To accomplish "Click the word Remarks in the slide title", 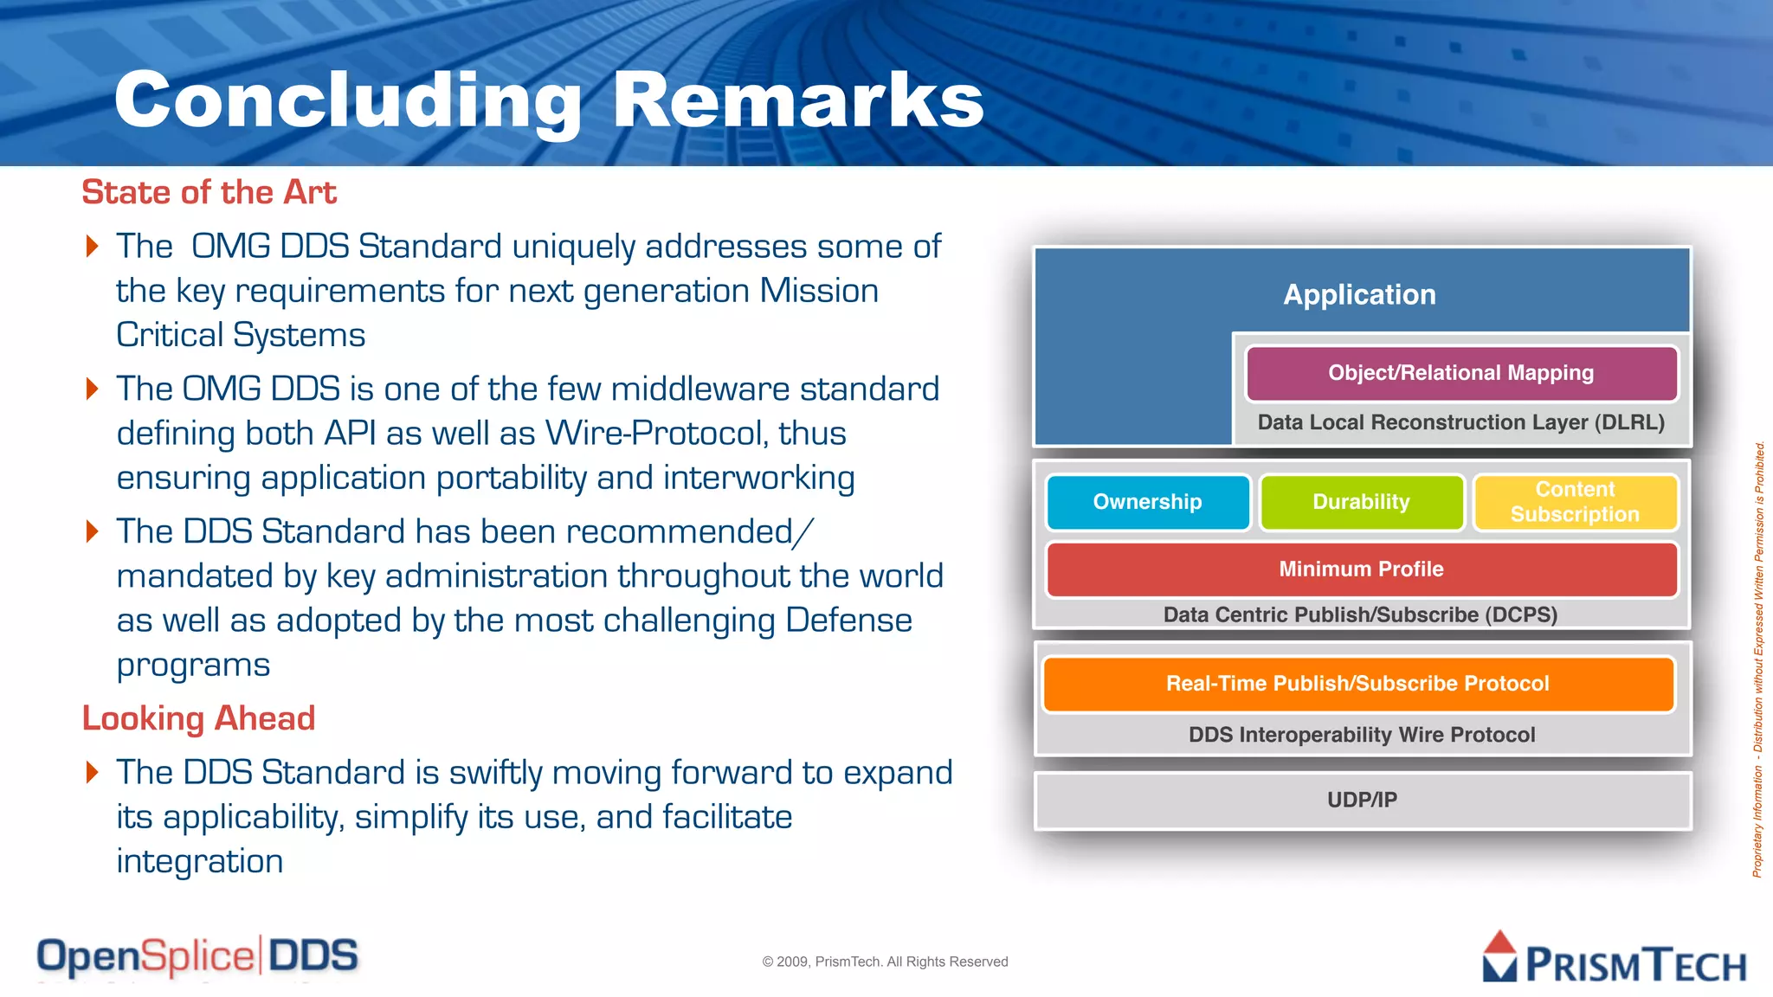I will [x=797, y=100].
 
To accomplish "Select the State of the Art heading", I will [x=209, y=192].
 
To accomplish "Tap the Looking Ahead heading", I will [x=198, y=718].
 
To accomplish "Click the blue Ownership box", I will [x=1147, y=502].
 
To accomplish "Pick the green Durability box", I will [x=1361, y=502].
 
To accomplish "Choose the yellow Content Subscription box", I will [x=1575, y=502].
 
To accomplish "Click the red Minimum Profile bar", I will [x=1361, y=569].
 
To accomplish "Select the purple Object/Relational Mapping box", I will [x=1460, y=373].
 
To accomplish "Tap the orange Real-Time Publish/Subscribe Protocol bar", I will [x=1357, y=684].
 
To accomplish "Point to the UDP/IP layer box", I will [x=1362, y=801].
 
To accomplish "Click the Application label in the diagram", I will [x=1359, y=295].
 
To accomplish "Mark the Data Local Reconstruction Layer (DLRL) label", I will [x=1460, y=422].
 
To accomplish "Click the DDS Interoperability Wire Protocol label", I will [x=1362, y=735].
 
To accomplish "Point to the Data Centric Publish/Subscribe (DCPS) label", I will [x=1360, y=615].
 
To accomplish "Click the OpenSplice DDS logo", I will [x=197, y=957].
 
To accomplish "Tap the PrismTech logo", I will [x=1614, y=959].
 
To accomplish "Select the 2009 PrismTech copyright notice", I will [x=885, y=962].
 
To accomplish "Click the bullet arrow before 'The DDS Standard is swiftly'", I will [x=93, y=772].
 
